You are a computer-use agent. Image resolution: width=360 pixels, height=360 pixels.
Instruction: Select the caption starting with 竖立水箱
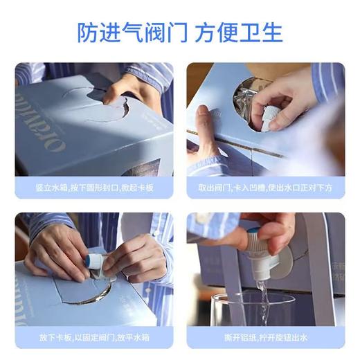click(x=93, y=187)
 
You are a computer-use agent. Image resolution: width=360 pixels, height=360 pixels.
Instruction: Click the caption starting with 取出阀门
click(x=265, y=187)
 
